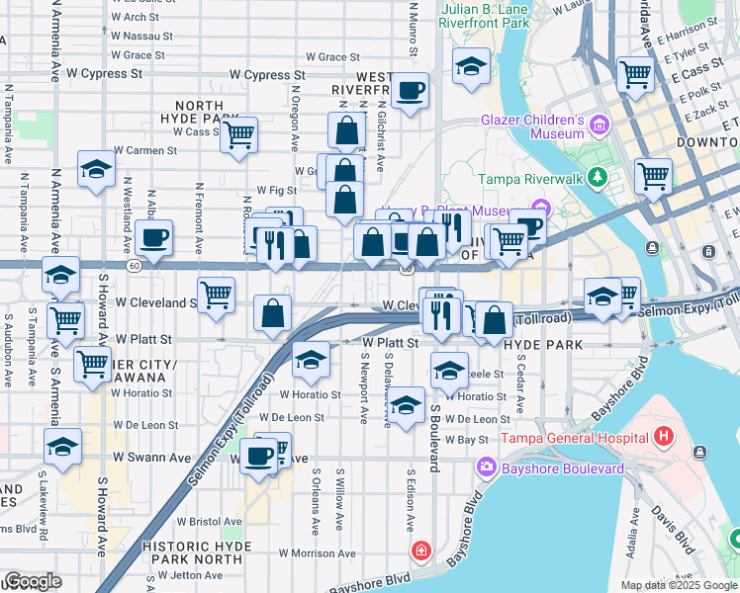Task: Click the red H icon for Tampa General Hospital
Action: click(663, 435)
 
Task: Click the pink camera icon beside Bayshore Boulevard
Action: click(486, 466)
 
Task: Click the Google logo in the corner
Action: click(33, 581)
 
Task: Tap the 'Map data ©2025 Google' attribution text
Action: click(678, 585)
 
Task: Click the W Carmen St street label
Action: click(145, 151)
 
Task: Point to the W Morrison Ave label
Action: click(317, 553)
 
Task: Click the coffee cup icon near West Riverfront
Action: click(410, 92)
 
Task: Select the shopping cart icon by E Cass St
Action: click(635, 72)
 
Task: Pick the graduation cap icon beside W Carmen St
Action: click(97, 170)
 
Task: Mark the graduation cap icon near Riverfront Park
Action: click(471, 66)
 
